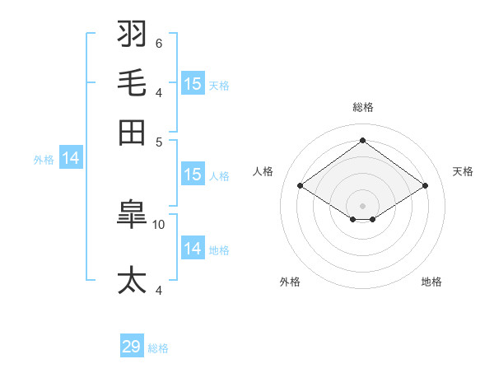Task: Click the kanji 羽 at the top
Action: point(133,35)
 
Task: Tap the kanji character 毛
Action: point(133,83)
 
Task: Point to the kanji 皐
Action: point(133,216)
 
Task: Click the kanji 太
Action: point(133,280)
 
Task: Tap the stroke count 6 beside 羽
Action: point(158,43)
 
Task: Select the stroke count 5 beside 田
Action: point(158,141)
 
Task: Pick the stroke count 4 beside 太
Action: point(158,289)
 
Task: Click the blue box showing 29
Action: point(132,347)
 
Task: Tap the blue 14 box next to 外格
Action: point(71,159)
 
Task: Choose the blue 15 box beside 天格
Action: point(193,83)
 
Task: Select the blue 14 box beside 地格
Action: point(193,248)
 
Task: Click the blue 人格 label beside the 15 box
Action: point(219,176)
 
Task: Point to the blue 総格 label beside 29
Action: point(158,348)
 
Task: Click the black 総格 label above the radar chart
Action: point(362,107)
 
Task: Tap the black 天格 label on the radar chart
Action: point(463,171)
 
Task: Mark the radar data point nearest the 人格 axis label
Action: point(301,186)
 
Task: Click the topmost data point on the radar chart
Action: point(362,140)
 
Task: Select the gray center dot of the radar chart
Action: point(362,205)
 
